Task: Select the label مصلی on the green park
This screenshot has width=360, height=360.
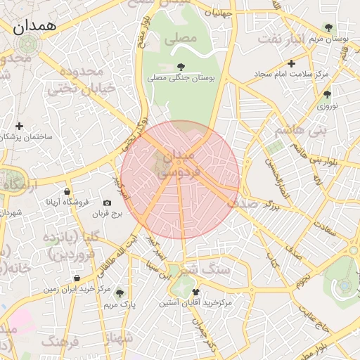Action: pos(181,40)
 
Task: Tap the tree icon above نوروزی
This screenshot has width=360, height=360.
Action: pos(327,94)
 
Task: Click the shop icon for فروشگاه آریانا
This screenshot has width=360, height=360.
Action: pos(67,191)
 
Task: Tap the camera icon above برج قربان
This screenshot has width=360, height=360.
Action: pos(107,202)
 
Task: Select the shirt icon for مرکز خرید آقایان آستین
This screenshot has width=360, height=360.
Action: pos(195,292)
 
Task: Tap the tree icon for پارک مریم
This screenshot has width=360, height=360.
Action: pos(120,293)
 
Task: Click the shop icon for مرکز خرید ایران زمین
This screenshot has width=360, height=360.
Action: pos(76,278)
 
